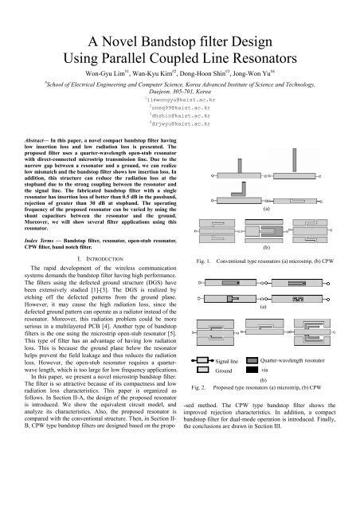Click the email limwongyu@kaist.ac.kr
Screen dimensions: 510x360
(x=180, y=92)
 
